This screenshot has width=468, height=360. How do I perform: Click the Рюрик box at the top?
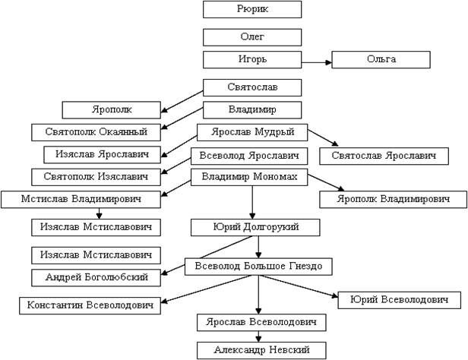click(x=252, y=9)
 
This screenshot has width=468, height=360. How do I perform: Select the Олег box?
click(x=252, y=36)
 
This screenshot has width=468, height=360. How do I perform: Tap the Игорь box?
click(x=252, y=59)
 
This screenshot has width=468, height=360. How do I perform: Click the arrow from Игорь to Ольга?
click(x=317, y=59)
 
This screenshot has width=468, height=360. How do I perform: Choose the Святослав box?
click(x=252, y=88)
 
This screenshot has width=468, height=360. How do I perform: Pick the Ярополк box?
click(x=110, y=109)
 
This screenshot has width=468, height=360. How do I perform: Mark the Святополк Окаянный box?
click(x=100, y=131)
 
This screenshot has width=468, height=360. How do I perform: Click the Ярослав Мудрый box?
click(x=251, y=132)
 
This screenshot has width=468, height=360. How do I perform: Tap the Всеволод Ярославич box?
click(x=249, y=156)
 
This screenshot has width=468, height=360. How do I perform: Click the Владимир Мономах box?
click(x=250, y=178)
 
